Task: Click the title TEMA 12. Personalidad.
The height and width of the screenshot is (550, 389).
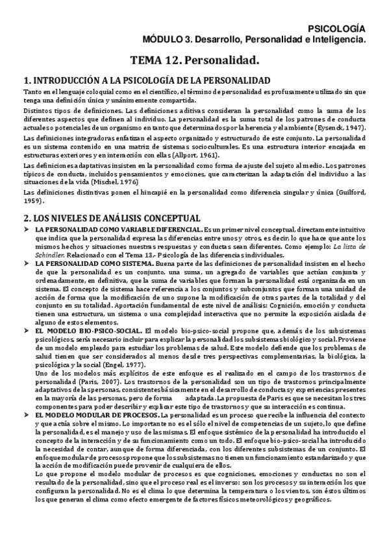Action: [x=195, y=60]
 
